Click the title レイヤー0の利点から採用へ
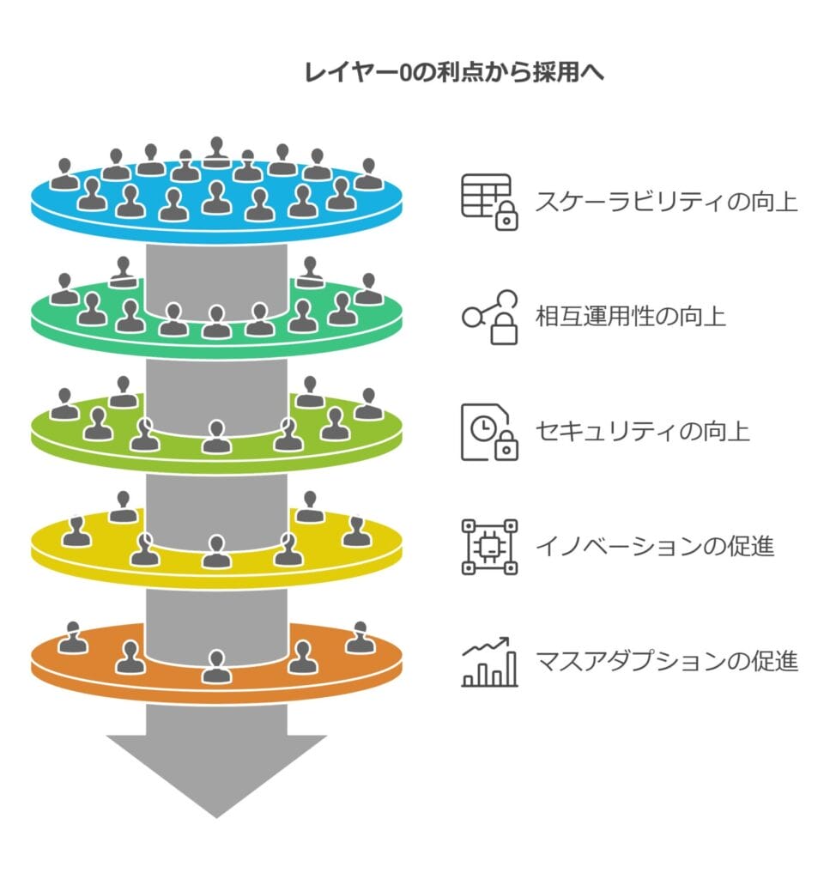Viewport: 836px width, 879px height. (455, 73)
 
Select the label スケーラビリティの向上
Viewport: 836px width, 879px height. (666, 202)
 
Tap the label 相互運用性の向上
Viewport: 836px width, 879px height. (630, 316)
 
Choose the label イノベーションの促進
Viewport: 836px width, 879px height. (654, 546)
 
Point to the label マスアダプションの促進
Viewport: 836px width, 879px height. (666, 661)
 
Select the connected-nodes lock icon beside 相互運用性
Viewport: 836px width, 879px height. (491, 317)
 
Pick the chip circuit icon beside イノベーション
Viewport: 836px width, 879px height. (489, 546)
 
